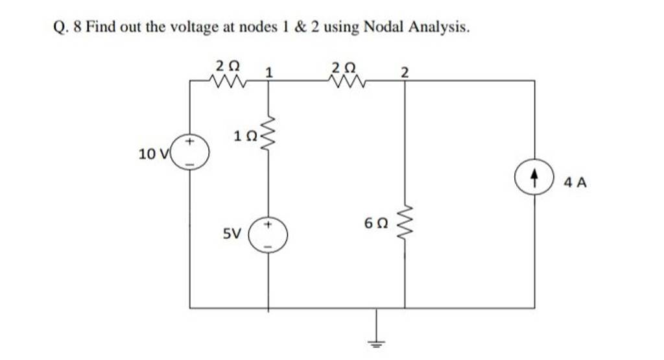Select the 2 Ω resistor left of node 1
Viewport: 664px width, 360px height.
click(x=228, y=81)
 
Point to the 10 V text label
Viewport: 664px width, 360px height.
click(x=154, y=154)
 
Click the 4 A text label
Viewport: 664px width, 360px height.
click(x=575, y=183)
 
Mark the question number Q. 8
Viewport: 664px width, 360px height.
click(x=65, y=27)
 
